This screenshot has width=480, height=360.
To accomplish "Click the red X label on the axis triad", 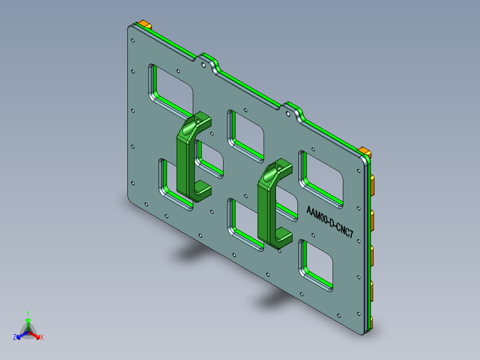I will [42, 338].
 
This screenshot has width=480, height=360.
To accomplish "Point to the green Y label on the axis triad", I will [28, 313].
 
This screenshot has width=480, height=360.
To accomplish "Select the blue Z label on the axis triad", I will [15, 338].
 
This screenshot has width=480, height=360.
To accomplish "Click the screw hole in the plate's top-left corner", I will [132, 41].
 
